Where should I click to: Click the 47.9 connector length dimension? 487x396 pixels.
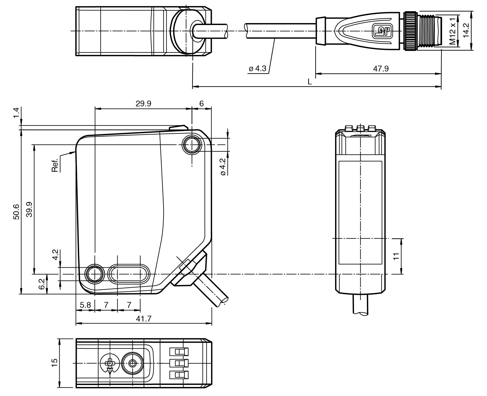tap(381, 69)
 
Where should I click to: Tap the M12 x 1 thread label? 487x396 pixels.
tap(452, 31)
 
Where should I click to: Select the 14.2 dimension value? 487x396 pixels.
tap(466, 31)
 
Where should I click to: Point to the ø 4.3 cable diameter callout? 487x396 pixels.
tap(258, 68)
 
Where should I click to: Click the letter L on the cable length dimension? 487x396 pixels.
tap(310, 82)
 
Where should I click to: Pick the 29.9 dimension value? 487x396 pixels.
tap(143, 104)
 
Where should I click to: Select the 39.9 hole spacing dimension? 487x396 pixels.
tap(29, 209)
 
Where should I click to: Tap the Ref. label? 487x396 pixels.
tap(55, 165)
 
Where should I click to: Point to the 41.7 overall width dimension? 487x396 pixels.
tap(143, 319)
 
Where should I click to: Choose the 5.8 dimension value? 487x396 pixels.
tap(85, 305)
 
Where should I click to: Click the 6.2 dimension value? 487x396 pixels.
tap(41, 284)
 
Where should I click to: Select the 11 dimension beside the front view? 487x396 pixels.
tap(396, 256)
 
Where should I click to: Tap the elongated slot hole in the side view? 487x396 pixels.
tap(129, 274)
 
